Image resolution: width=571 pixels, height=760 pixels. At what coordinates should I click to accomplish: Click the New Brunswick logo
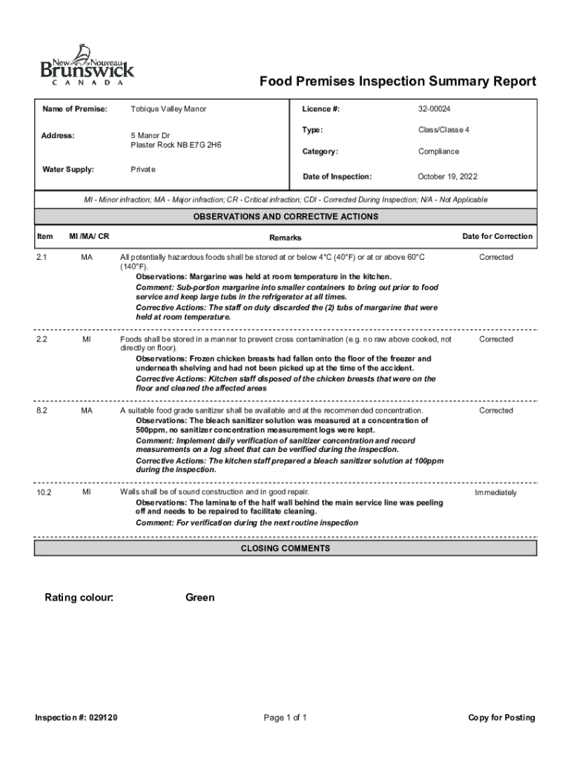[87, 67]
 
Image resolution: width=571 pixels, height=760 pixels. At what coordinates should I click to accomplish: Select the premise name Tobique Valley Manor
[168, 109]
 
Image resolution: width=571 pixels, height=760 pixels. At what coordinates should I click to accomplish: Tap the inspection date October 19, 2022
[447, 177]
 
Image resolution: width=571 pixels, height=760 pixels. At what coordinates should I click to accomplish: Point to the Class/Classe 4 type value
[443, 130]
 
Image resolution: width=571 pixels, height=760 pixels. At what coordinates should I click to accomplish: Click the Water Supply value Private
[143, 169]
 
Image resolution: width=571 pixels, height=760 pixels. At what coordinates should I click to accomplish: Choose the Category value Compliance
[438, 151]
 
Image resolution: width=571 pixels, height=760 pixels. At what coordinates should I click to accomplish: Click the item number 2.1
[42, 257]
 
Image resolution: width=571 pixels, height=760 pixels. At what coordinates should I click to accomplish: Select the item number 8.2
[42, 410]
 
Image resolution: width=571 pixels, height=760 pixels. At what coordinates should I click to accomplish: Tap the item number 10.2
[44, 493]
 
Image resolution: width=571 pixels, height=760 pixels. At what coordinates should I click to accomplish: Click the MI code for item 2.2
[87, 339]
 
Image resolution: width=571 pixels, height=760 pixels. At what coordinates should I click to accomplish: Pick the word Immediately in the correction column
[496, 493]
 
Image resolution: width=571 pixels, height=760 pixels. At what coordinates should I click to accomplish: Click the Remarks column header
[285, 237]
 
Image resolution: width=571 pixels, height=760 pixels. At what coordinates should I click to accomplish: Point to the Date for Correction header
[497, 236]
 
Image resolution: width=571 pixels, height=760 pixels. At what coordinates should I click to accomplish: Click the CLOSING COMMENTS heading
[285, 548]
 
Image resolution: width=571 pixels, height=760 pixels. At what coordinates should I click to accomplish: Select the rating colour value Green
[199, 597]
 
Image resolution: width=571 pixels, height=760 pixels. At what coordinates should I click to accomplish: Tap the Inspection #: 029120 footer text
[76, 718]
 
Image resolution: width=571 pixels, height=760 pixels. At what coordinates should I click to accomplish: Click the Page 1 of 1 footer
[285, 718]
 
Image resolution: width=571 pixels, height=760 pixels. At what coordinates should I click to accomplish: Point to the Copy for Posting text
[501, 718]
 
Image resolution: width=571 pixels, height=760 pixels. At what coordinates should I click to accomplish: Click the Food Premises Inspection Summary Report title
[397, 81]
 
